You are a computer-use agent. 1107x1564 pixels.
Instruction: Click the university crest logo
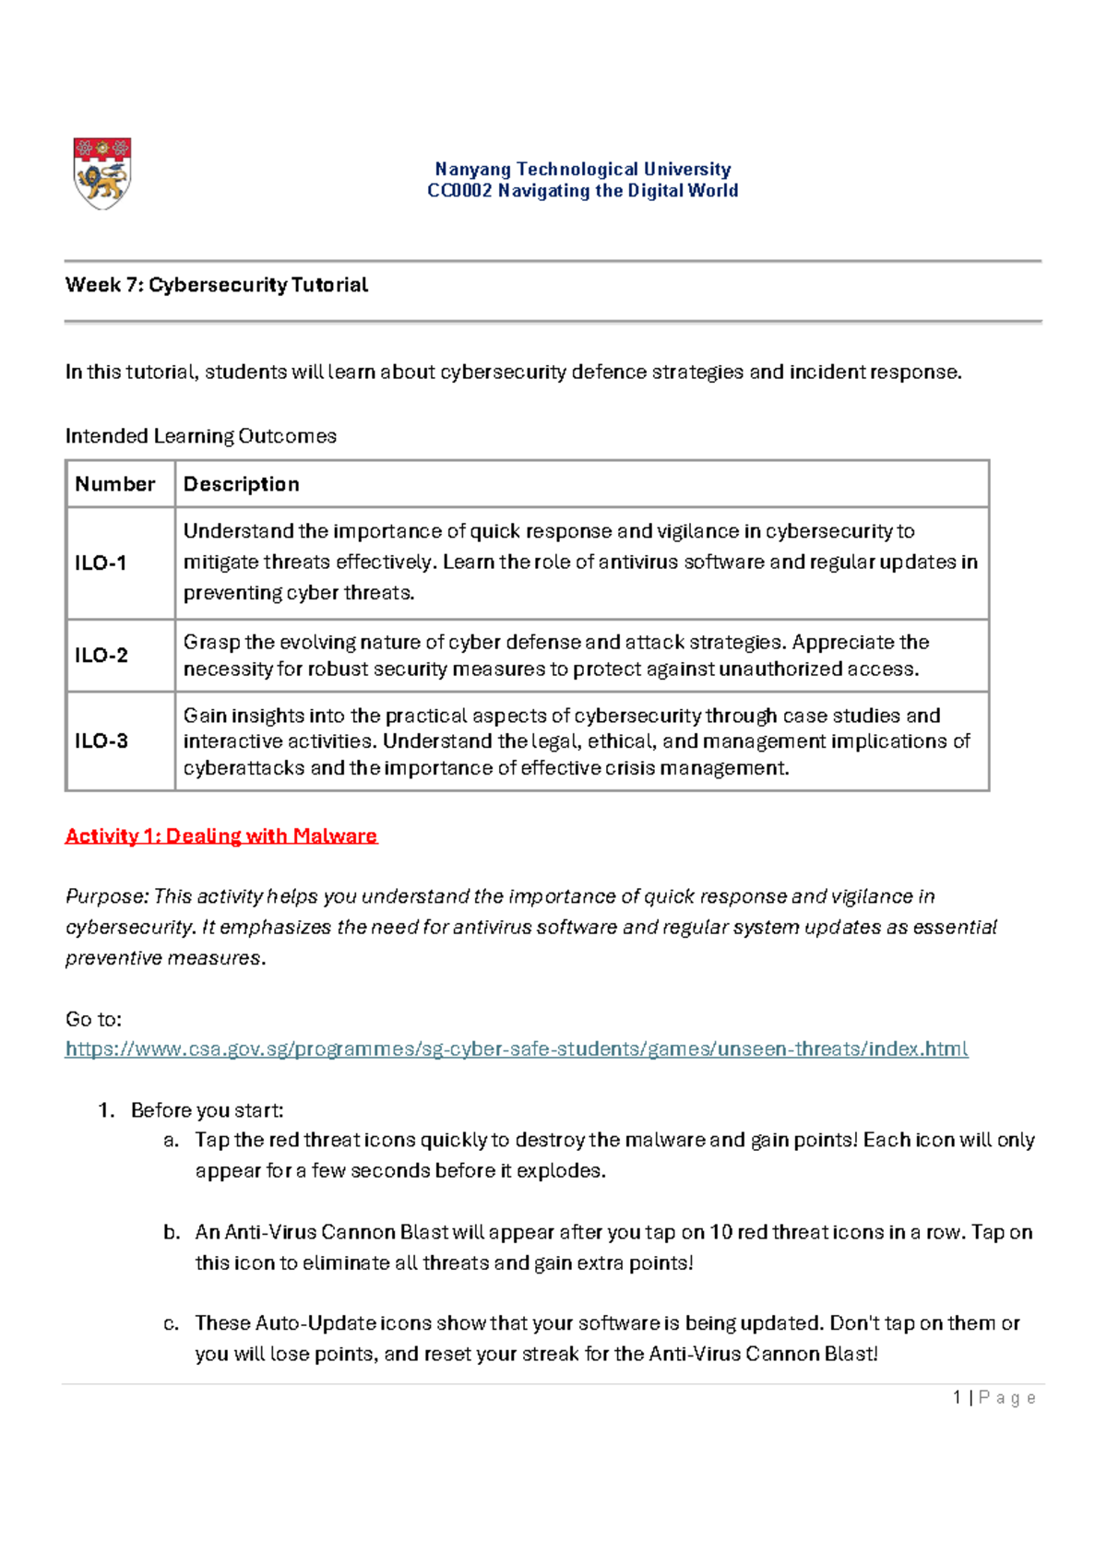point(102,173)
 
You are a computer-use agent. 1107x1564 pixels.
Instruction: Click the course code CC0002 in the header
point(459,191)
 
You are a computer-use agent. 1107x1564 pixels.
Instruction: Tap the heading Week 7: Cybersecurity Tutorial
point(216,285)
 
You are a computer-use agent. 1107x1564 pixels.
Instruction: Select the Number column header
point(115,484)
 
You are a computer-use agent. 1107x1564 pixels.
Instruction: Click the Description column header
point(242,484)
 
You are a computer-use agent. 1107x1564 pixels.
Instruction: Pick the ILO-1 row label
point(101,563)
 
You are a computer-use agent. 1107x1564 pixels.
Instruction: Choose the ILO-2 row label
point(101,655)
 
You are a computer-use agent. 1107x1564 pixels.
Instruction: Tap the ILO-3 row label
point(101,741)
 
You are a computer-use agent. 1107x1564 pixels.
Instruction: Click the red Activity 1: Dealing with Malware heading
point(221,835)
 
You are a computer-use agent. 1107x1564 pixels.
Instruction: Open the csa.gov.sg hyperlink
point(517,1049)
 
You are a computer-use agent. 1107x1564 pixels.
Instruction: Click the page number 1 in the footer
point(958,1397)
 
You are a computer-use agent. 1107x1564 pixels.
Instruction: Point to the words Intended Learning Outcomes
point(200,435)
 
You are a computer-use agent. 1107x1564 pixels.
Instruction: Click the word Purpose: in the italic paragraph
point(106,896)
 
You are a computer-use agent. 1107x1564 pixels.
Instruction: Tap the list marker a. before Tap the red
point(171,1140)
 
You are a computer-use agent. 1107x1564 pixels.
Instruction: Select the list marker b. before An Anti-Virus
point(171,1232)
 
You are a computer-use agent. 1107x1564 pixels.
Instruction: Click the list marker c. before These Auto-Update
point(171,1323)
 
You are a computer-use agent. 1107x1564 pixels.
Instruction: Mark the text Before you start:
point(207,1109)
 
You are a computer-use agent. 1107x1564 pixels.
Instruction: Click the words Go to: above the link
point(93,1019)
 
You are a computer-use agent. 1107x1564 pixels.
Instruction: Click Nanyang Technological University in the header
point(582,169)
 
